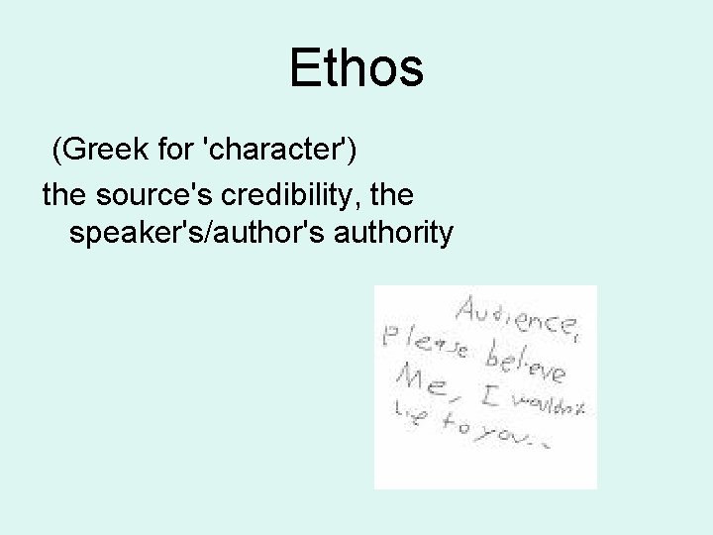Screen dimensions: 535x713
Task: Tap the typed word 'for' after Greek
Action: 169,152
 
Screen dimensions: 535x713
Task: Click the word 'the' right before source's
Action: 61,193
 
